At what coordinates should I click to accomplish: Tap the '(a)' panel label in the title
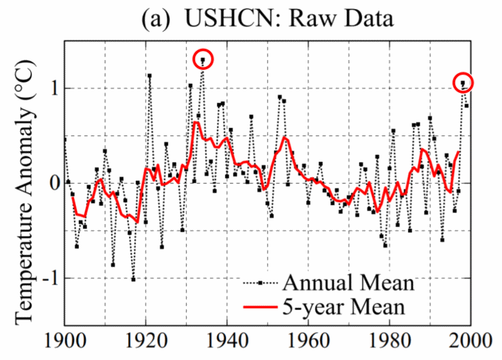[155, 19]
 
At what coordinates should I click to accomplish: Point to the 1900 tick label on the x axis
[65, 340]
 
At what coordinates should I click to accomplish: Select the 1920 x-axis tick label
[146, 340]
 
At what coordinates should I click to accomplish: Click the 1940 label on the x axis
[227, 340]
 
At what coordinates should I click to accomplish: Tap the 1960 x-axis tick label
[308, 340]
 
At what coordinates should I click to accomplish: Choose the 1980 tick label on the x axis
[390, 340]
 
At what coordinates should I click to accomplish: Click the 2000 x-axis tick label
[471, 340]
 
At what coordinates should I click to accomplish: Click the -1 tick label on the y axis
[51, 278]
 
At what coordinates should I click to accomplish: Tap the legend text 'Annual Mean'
[349, 283]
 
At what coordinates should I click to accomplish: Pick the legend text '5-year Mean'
[344, 307]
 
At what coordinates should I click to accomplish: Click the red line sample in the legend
[260, 307]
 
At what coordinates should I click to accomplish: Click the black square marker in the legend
[260, 283]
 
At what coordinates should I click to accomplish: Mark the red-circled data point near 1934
[203, 59]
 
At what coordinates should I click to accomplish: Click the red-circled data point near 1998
[463, 82]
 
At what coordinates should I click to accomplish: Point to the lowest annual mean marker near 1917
[133, 279]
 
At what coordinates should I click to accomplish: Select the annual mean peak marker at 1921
[149, 75]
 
